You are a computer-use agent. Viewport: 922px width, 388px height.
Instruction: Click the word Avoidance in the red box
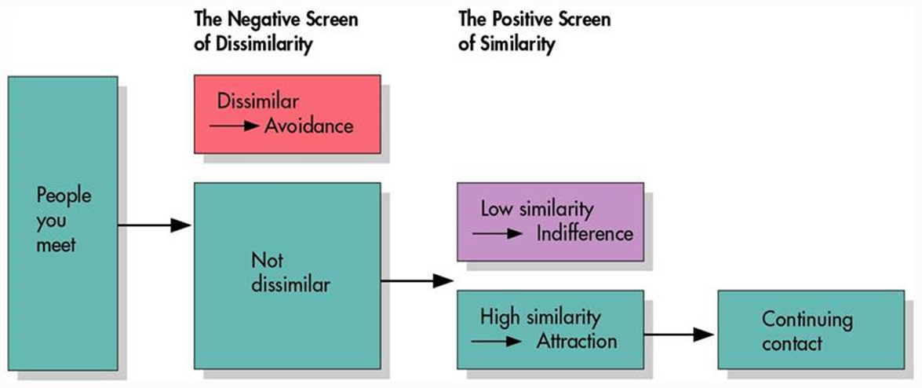(308, 126)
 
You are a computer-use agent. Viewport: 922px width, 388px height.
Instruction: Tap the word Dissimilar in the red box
(258, 101)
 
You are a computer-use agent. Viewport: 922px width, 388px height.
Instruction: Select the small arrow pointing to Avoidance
(235, 126)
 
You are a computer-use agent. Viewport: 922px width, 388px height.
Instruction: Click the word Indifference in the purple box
(585, 233)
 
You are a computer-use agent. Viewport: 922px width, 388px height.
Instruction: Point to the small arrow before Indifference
(497, 233)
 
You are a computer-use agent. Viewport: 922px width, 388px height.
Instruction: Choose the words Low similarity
(537, 209)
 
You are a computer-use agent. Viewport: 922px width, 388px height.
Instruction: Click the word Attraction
(576, 342)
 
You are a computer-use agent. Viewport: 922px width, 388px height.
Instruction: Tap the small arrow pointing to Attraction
(497, 342)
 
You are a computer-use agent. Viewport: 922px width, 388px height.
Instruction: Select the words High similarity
(541, 317)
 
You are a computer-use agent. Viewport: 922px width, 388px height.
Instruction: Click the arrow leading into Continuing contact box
(680, 335)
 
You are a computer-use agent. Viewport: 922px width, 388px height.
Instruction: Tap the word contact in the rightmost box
(792, 343)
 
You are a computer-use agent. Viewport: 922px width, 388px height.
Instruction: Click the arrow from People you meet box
(155, 225)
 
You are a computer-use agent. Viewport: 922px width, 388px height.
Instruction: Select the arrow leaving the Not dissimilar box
(417, 281)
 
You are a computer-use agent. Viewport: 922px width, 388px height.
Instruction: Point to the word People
(64, 196)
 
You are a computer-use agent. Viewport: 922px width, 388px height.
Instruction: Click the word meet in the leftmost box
(56, 244)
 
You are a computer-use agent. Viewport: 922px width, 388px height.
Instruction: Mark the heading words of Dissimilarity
(252, 45)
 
